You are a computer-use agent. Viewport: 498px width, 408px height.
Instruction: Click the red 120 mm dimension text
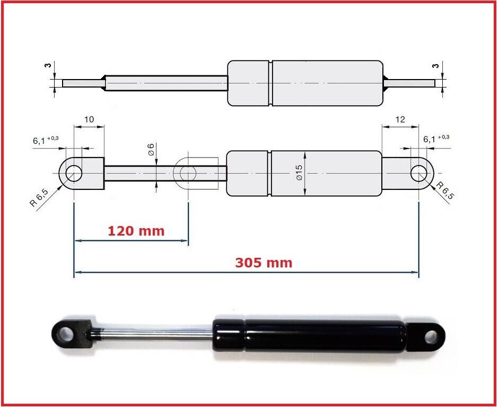(x=136, y=231)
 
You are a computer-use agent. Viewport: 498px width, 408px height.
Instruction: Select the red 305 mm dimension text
(x=264, y=263)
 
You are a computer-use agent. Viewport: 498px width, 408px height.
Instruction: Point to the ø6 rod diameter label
(x=151, y=150)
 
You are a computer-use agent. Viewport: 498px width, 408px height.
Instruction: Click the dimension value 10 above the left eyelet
(x=89, y=119)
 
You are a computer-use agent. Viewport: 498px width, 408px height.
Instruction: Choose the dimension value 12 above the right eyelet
(x=400, y=119)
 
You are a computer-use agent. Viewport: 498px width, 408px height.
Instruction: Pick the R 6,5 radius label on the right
(x=444, y=190)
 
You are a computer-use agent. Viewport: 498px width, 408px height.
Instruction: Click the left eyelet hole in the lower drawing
(x=74, y=173)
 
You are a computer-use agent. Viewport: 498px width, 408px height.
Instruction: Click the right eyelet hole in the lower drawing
(x=418, y=173)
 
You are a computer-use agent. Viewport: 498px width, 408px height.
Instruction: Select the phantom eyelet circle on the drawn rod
(x=188, y=173)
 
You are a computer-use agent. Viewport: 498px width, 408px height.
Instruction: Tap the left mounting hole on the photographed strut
(x=66, y=333)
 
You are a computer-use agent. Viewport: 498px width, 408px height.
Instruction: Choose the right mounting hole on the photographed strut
(x=432, y=336)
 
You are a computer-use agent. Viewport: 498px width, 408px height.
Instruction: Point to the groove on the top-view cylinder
(x=270, y=83)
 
